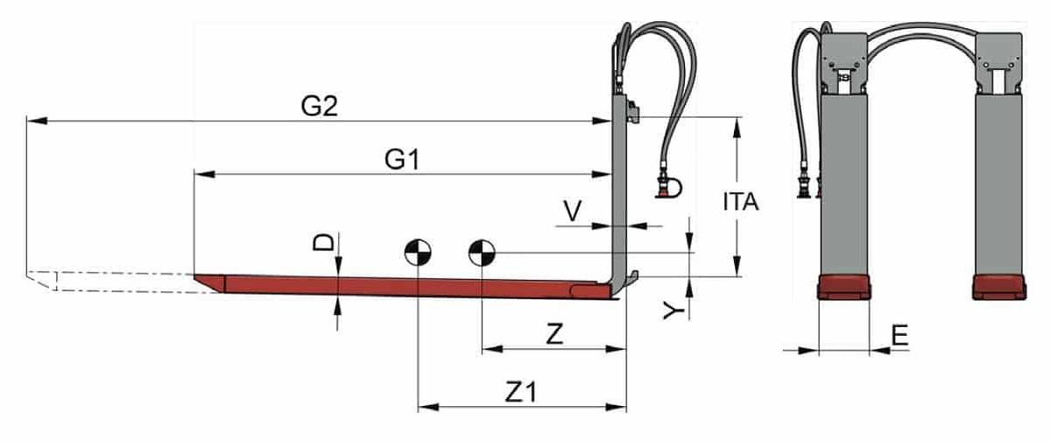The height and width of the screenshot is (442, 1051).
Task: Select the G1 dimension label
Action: (403, 160)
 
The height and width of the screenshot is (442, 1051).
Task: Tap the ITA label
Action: (740, 202)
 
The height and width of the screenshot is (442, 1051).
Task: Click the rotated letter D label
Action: (324, 242)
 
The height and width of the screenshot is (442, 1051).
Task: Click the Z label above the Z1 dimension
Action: (554, 333)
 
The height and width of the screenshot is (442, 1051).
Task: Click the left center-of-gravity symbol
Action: (417, 253)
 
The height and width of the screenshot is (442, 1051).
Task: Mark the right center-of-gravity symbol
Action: (482, 253)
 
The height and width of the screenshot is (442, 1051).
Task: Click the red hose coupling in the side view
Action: (668, 187)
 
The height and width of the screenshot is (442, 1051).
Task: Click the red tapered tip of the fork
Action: (208, 282)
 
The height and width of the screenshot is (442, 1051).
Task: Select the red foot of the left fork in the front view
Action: (843, 287)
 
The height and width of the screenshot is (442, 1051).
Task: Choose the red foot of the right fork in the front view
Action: (998, 287)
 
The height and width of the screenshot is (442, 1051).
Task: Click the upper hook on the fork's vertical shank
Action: (633, 110)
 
